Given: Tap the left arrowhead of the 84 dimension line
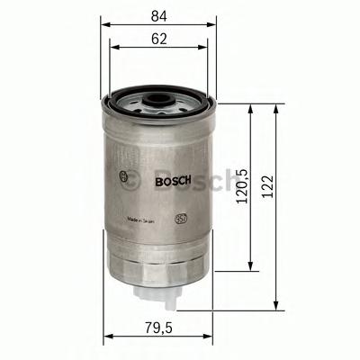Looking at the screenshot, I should (x=102, y=24).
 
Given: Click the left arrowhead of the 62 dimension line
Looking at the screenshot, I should (x=112, y=49).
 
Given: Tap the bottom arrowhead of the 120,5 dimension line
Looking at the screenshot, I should (x=250, y=269).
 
